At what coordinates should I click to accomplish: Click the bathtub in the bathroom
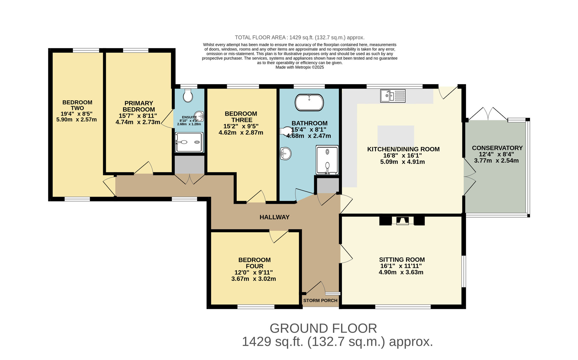(309, 102)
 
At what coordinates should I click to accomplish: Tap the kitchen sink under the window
(393, 96)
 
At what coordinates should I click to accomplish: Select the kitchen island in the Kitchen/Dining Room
(396, 136)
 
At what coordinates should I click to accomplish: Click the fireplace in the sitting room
(402, 221)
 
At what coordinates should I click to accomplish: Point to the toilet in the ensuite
(188, 95)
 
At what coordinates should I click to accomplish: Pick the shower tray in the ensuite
(189, 142)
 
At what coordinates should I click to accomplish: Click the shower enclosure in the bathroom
(327, 160)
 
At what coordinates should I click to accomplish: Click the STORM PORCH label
(320, 300)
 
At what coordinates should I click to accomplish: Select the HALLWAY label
(274, 217)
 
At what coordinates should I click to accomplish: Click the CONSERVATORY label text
(497, 148)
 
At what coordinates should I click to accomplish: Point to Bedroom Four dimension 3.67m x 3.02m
(253, 279)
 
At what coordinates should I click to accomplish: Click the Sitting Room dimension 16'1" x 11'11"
(401, 266)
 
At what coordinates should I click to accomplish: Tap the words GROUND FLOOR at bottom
(323, 328)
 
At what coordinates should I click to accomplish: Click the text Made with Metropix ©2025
(299, 67)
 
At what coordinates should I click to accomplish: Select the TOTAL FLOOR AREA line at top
(299, 38)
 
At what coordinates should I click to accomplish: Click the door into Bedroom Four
(279, 236)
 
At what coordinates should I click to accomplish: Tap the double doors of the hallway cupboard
(189, 178)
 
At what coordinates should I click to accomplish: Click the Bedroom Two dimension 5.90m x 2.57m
(77, 120)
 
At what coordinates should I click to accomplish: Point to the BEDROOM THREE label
(241, 117)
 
